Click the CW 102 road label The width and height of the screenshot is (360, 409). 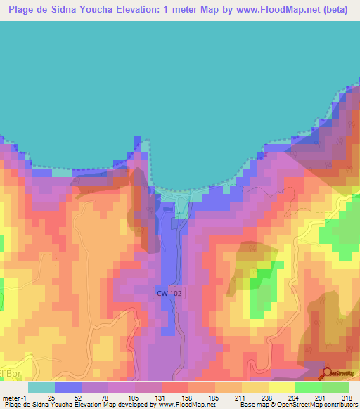169,292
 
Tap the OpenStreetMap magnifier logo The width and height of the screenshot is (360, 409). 328,372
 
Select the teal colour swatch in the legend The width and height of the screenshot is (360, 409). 41,387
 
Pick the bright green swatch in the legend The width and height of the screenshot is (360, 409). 308,387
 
